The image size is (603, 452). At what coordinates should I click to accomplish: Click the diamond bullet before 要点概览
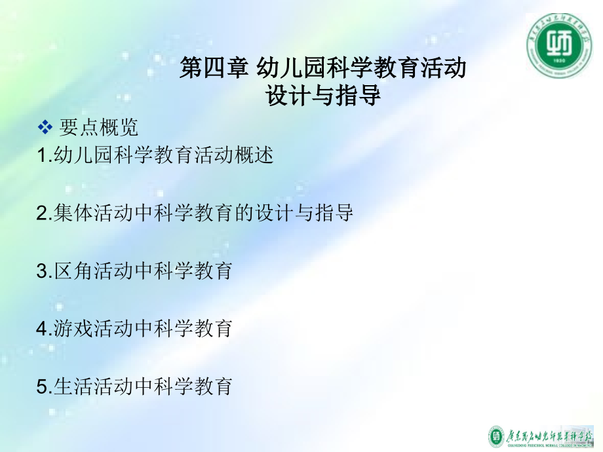(45, 126)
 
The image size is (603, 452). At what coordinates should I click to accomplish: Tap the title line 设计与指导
(323, 96)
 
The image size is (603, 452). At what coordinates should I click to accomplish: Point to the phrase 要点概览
(99, 126)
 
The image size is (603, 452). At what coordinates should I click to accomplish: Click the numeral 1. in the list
(43, 157)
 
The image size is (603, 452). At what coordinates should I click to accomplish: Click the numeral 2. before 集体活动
(43, 214)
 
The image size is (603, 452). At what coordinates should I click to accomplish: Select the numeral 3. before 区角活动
(43, 271)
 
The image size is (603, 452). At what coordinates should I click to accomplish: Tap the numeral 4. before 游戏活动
(43, 328)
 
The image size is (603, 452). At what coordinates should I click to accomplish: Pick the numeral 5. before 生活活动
(43, 386)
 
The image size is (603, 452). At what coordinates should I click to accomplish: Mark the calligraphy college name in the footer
(551, 435)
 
